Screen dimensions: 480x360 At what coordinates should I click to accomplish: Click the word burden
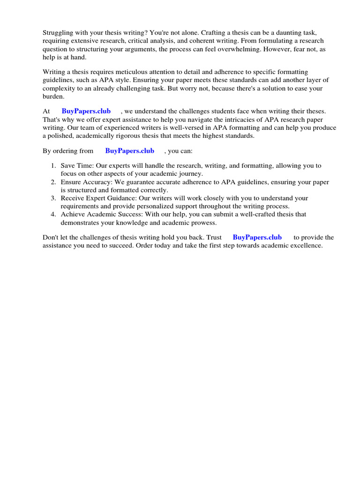[53, 96]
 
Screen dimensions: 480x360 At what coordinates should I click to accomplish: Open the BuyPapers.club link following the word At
[86, 111]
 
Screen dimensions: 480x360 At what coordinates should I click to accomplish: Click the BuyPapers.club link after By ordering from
[129, 151]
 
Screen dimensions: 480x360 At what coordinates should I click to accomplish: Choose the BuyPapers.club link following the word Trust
[257, 238]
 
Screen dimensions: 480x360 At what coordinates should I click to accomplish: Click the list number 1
[53, 166]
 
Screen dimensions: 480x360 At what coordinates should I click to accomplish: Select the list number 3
[53, 198]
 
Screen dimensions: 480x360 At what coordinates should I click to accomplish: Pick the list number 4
[53, 214]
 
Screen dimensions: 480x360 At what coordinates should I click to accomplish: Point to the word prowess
[202, 222]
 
